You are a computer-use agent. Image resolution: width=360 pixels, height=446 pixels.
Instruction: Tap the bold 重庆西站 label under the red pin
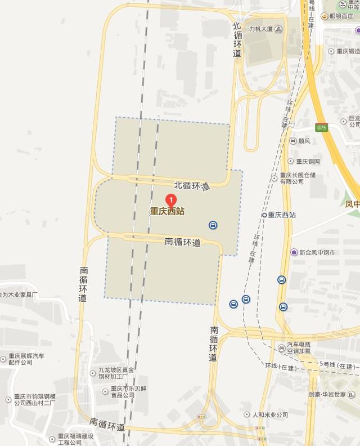tap(167, 212)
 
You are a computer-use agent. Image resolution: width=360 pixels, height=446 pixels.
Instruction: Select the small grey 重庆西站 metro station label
tap(282, 215)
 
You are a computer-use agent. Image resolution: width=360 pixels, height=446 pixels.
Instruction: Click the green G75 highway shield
tap(321, 128)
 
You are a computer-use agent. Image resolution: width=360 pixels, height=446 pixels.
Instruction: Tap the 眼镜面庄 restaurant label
tap(341, 16)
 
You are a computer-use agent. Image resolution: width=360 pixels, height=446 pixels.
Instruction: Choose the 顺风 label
tap(304, 141)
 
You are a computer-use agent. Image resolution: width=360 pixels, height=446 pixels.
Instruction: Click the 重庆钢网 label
tap(308, 162)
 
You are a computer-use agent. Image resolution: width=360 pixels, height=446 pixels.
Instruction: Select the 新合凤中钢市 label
tap(317, 252)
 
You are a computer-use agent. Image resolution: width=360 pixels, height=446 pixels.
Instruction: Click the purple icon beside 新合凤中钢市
tap(294, 252)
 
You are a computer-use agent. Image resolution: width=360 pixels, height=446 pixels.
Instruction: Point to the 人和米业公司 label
tap(270, 414)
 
